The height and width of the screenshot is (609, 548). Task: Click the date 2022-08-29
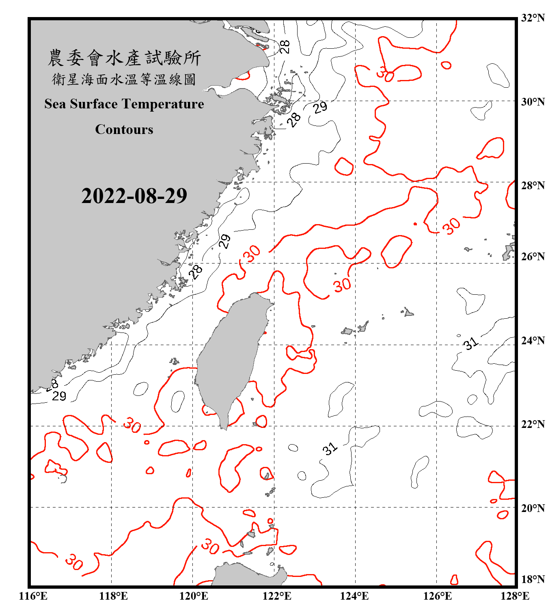click(134, 196)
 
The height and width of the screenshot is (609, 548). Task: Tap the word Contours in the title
click(124, 130)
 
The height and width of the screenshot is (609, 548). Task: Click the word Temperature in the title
click(161, 104)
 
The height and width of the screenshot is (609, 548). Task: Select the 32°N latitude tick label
click(533, 18)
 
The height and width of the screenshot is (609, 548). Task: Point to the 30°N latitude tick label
click(533, 101)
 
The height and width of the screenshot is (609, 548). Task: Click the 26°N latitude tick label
click(533, 257)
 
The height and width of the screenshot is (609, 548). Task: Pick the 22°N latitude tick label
click(533, 424)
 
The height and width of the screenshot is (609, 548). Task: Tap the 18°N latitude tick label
click(533, 579)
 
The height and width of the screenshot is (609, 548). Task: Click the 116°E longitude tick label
click(33, 596)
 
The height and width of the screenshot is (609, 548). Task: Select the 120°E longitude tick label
click(194, 596)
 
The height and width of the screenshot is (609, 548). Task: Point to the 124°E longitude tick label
click(354, 596)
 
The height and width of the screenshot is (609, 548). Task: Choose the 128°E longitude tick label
click(515, 596)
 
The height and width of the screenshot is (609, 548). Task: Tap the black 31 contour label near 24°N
click(471, 344)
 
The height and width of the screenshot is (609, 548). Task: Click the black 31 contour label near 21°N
click(330, 449)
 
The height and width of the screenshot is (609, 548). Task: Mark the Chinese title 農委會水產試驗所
click(124, 58)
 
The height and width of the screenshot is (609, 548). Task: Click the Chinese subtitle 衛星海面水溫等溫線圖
click(124, 80)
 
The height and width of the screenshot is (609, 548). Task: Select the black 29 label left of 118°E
click(59, 396)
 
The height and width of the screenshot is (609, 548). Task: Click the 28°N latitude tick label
click(533, 186)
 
